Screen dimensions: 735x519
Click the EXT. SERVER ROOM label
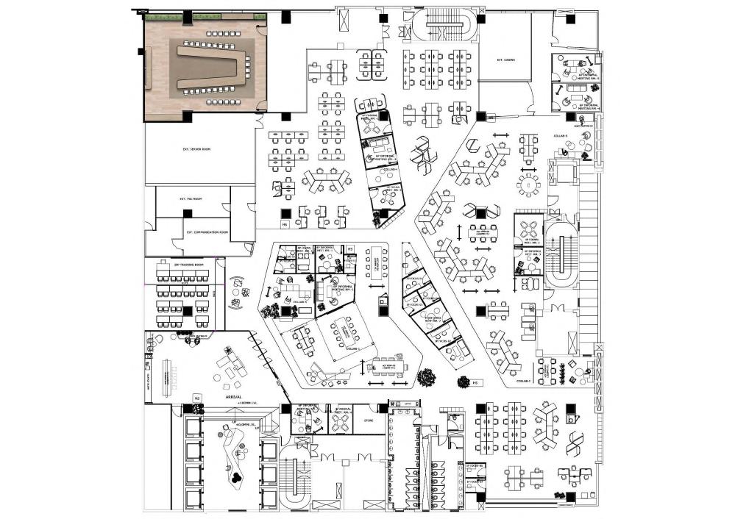pos(196,149)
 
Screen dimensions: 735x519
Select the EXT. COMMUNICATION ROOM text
pos(207,232)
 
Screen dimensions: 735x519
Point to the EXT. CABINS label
pos(505,60)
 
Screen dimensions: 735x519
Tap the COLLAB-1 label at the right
pos(523,382)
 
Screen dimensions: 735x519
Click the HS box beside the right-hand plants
pos(475,382)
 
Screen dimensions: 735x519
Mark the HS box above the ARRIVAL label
pos(196,397)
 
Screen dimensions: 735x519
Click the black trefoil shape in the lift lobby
pos(235,476)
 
